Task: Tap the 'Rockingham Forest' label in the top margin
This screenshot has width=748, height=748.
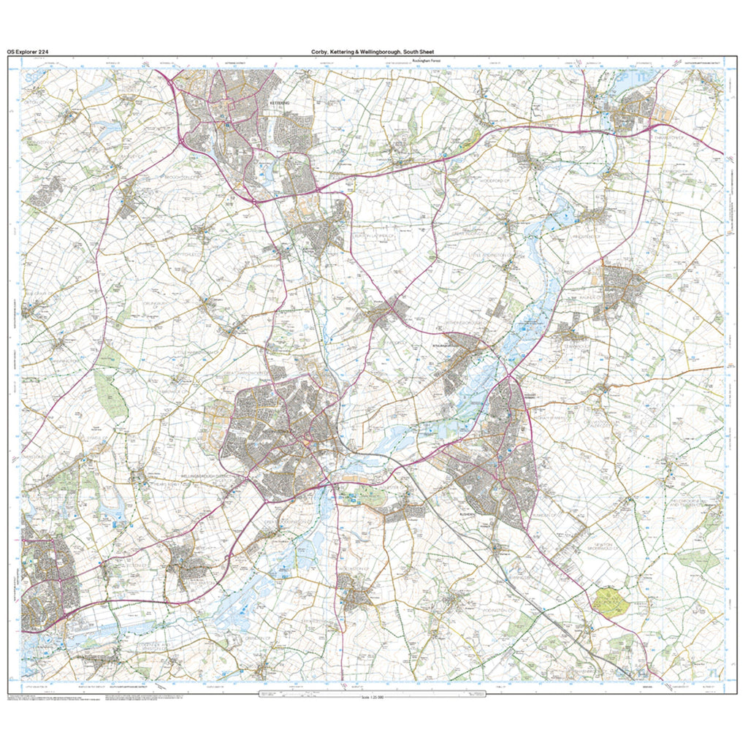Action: (x=427, y=61)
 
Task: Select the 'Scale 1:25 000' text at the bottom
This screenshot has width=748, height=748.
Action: (x=373, y=698)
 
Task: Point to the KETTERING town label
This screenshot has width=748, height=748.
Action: (x=280, y=104)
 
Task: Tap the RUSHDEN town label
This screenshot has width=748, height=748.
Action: (x=467, y=514)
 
